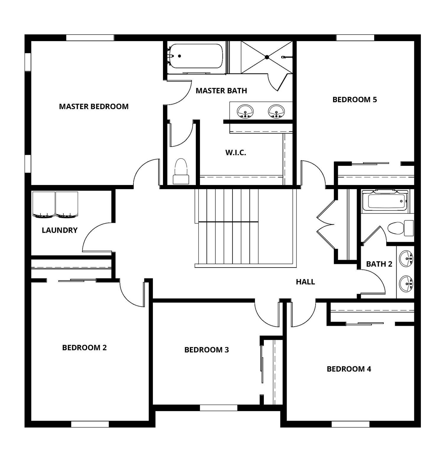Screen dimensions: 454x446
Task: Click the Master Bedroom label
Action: pyautogui.click(x=94, y=106)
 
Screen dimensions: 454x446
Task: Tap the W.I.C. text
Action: pyautogui.click(x=236, y=153)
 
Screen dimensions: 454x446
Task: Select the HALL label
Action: pyautogui.click(x=305, y=282)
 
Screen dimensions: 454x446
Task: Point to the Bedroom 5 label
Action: pyautogui.click(x=355, y=100)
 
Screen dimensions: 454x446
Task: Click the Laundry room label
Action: pyautogui.click(x=59, y=230)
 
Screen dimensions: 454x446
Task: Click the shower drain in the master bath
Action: pyautogui.click(x=267, y=57)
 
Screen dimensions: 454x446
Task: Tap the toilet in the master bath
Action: pyautogui.click(x=181, y=171)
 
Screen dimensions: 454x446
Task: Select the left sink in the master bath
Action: pyautogui.click(x=245, y=111)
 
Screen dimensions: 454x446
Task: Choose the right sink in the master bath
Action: pyautogui.click(x=276, y=111)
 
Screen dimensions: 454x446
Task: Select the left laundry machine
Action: pyautogui.click(x=44, y=205)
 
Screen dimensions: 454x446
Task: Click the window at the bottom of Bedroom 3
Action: pyautogui.click(x=219, y=408)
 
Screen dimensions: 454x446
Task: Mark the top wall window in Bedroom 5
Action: pyautogui.click(x=355, y=38)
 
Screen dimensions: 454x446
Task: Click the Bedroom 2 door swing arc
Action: pyautogui.click(x=130, y=296)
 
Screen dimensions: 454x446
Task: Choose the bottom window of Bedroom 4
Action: pyautogui.click(x=350, y=424)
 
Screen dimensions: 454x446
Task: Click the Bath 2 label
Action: pyautogui.click(x=379, y=264)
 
